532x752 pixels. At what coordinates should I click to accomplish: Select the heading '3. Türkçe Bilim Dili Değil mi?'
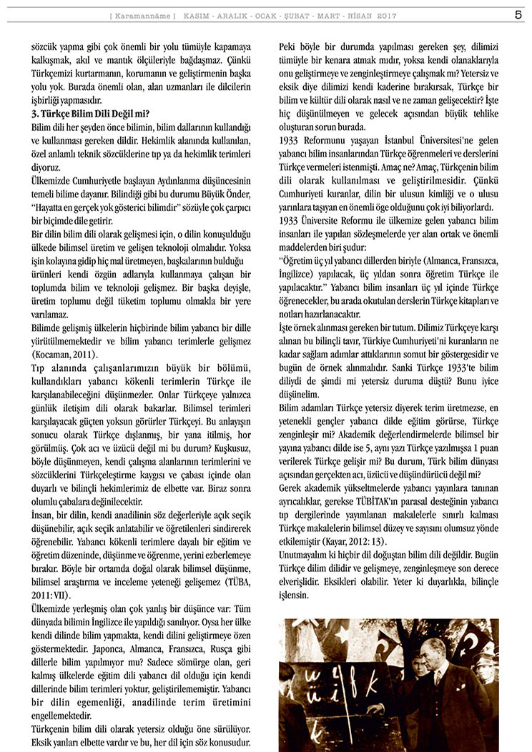90,114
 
